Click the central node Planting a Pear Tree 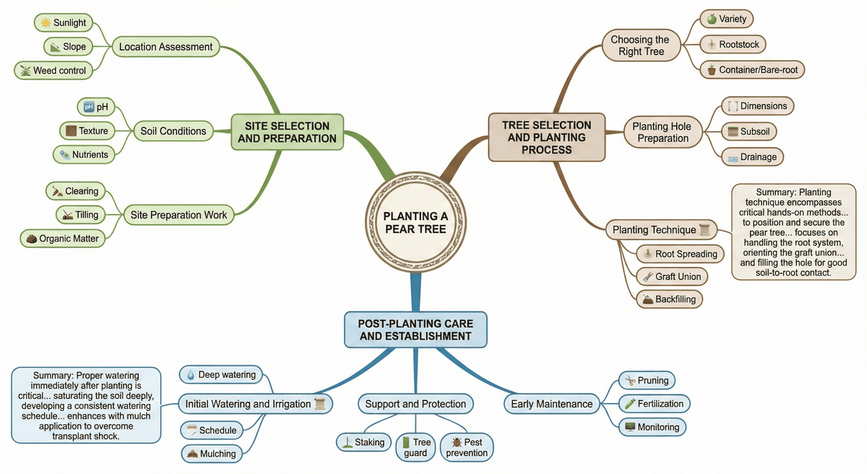[414, 222]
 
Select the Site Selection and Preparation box [287, 132]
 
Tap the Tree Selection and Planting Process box [546, 137]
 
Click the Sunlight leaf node [64, 23]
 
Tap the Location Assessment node [165, 47]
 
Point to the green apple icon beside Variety [711, 20]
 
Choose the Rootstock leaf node [733, 45]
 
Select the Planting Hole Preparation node [661, 132]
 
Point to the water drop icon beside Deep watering [191, 375]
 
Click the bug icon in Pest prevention [456, 441]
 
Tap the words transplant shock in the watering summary [85, 436]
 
